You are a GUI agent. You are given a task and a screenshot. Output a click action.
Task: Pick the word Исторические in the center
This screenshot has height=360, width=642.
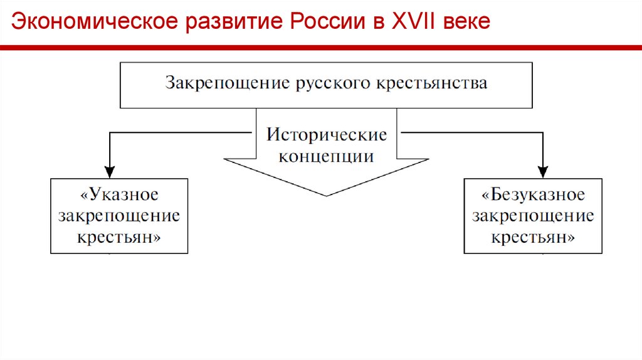[327, 135]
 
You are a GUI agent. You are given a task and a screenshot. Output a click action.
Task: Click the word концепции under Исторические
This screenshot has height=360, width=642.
[327, 156]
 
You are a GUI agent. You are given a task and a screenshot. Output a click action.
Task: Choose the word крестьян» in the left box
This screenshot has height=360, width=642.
[119, 238]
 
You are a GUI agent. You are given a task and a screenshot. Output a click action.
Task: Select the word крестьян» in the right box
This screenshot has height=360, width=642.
[534, 238]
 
